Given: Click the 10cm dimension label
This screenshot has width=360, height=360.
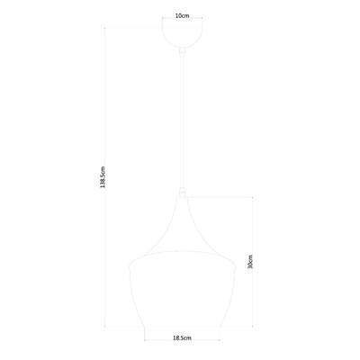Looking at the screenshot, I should (183, 15).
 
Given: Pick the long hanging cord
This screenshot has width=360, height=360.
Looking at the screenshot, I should (183, 117).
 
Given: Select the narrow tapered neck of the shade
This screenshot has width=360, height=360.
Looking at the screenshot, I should (183, 211).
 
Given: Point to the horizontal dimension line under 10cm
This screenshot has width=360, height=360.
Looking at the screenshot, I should (183, 22).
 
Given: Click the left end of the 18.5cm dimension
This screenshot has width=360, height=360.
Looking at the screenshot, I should (144, 345).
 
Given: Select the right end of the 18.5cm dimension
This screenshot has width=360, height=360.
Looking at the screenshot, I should (221, 345).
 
